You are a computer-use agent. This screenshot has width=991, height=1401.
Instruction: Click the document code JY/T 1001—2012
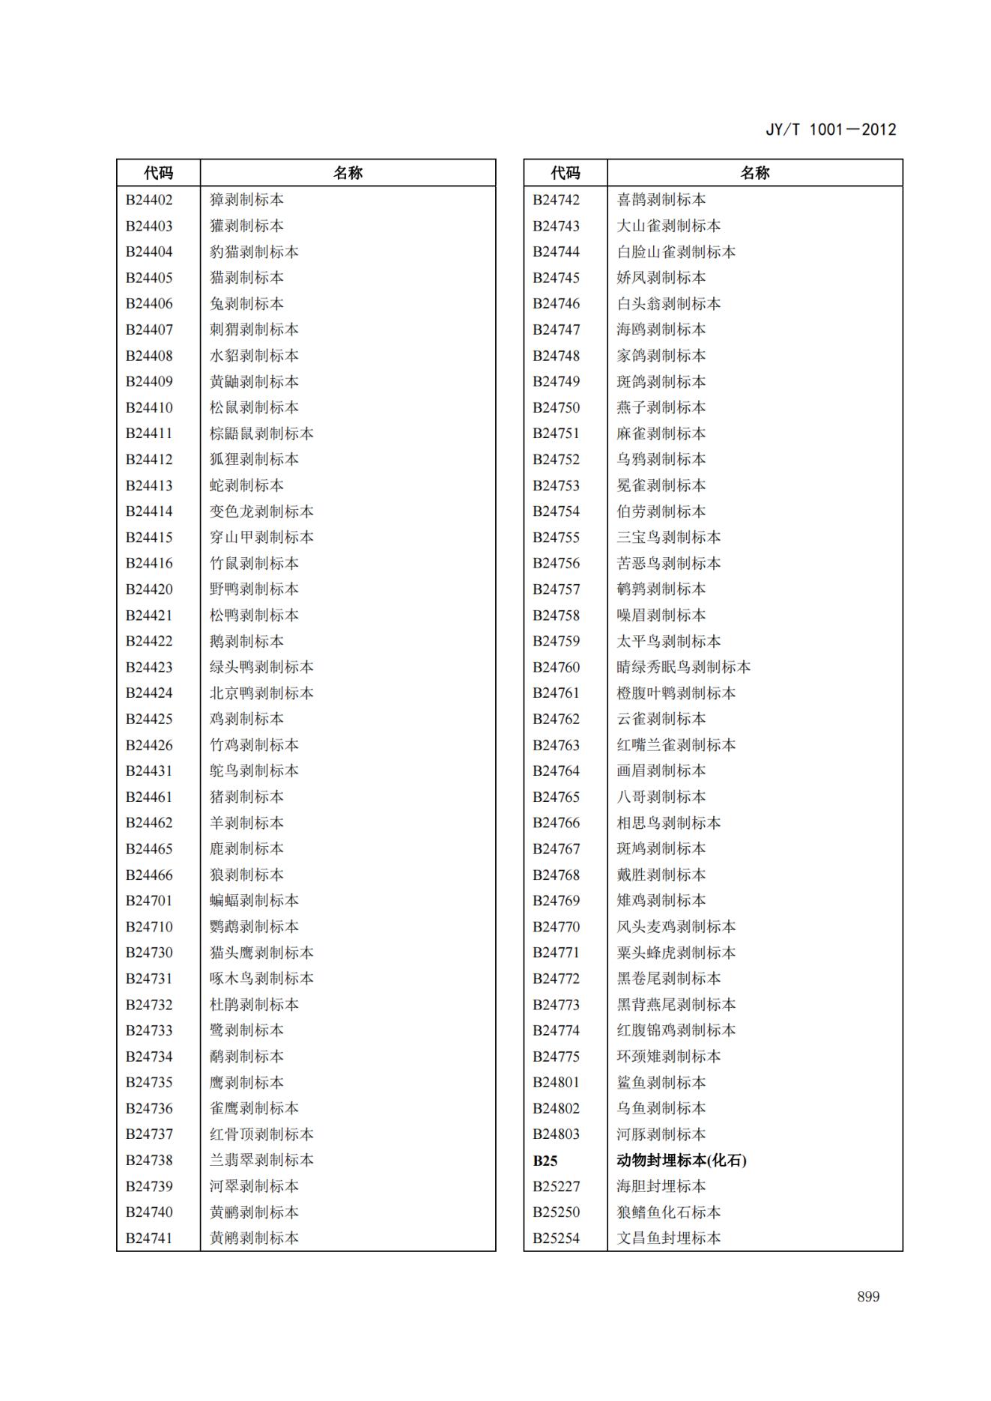[830, 130]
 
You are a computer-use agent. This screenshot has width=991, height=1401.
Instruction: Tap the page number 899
[868, 1297]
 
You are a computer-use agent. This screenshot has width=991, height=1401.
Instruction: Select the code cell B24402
[149, 200]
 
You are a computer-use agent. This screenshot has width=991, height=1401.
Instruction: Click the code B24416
[149, 563]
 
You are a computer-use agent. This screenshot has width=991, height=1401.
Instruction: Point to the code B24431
[149, 771]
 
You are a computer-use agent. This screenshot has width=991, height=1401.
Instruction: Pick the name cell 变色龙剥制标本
[261, 511]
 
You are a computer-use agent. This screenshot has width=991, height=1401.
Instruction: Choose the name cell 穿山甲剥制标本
[261, 538]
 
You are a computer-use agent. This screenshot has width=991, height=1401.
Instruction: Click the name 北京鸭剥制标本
[261, 693]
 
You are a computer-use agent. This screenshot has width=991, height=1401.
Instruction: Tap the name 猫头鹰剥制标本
[261, 952]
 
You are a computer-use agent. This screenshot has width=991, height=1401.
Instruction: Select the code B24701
[149, 901]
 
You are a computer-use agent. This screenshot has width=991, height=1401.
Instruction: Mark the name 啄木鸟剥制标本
[261, 979]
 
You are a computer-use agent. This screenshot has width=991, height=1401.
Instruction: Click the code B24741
[149, 1239]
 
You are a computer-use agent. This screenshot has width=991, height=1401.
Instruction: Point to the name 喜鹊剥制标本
[661, 200]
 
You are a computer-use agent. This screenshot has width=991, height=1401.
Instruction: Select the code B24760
[556, 667]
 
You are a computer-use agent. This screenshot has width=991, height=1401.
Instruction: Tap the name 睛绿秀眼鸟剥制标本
[683, 667]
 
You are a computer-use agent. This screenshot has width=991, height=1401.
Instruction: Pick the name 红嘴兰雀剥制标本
[676, 745]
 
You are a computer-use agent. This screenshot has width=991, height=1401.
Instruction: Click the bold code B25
[545, 1161]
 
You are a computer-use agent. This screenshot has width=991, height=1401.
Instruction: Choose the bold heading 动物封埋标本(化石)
[681, 1161]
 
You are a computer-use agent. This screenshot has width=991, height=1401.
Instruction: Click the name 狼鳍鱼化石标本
[668, 1212]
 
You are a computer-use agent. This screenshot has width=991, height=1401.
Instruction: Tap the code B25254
[556, 1239]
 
